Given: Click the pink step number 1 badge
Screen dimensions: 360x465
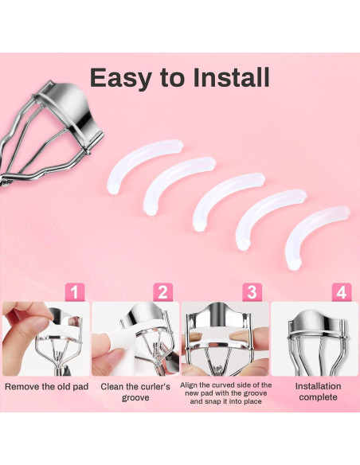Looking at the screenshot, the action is click(75, 292).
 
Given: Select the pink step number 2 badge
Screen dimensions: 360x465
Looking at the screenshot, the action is click(162, 292).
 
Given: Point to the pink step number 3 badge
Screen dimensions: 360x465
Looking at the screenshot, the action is click(252, 292).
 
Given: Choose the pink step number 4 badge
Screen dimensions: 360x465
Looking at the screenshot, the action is click(342, 292).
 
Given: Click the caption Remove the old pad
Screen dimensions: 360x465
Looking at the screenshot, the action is click(46, 387).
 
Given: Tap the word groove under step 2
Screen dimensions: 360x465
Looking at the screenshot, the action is click(135, 397).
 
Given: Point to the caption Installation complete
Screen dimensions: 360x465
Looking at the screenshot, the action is click(319, 392).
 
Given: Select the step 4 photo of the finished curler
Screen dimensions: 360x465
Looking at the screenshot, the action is click(315, 339).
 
